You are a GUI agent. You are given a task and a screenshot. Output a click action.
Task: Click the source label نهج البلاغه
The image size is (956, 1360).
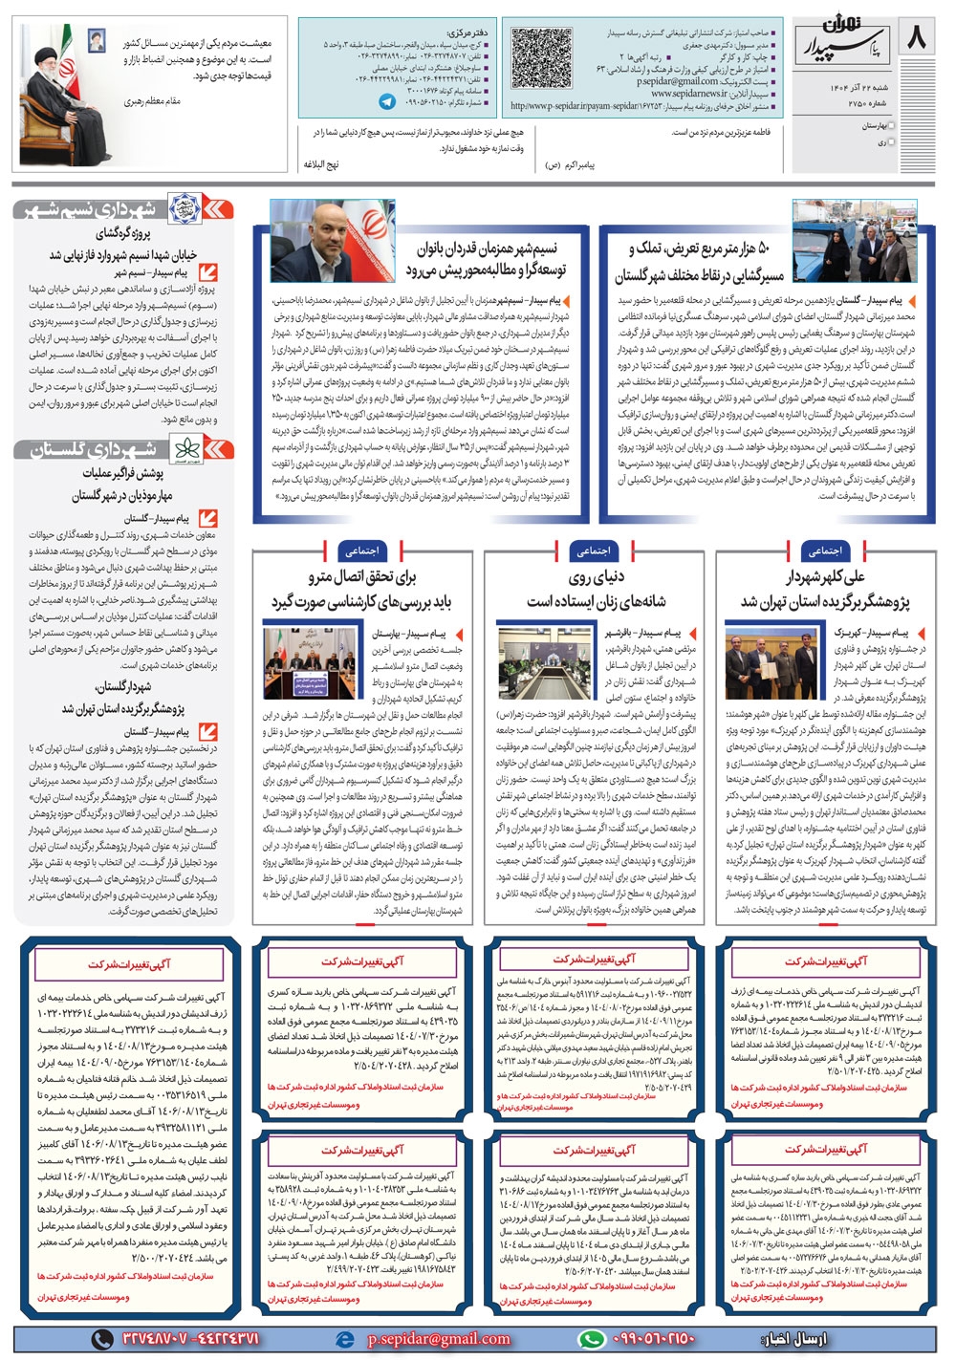(321, 164)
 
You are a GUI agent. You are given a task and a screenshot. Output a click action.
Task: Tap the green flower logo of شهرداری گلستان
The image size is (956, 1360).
(184, 449)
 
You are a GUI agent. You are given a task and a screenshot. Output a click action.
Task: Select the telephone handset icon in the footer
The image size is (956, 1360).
(100, 1339)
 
